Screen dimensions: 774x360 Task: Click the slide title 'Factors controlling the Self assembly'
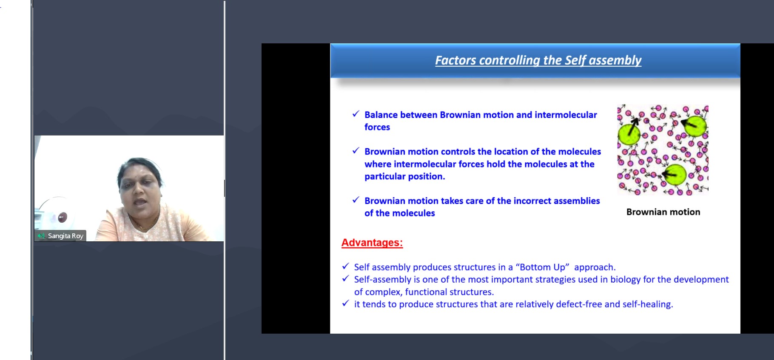coord(538,60)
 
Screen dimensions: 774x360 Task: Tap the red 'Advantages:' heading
coord(372,243)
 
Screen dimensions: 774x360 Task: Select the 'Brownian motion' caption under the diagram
coord(663,212)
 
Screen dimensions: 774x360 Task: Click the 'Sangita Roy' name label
coord(65,236)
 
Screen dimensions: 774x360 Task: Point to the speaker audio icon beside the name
coord(41,236)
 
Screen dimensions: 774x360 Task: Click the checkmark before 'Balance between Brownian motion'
coord(356,114)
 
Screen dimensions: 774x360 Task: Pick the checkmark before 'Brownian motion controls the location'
coord(356,151)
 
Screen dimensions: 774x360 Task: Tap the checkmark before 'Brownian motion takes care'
coord(356,200)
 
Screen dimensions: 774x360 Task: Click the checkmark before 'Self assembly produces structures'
coord(345,266)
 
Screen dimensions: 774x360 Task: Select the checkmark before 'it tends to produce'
coord(345,303)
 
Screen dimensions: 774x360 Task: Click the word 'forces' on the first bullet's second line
coord(377,127)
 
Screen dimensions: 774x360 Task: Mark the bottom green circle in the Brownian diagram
coord(675,175)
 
